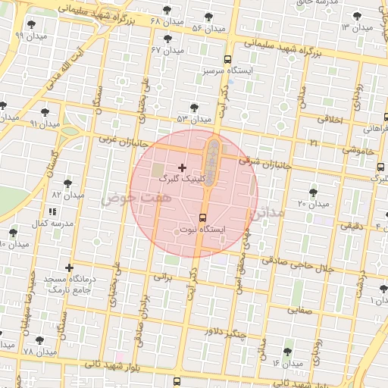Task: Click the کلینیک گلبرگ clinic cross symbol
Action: [x=182, y=167]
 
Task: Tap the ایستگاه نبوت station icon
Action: [x=201, y=217]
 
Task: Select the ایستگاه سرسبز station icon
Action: [x=228, y=59]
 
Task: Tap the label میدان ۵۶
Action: [x=208, y=28]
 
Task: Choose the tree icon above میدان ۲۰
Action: [x=314, y=192]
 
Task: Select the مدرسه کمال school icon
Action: [x=52, y=214]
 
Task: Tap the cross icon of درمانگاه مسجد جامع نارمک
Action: [x=70, y=268]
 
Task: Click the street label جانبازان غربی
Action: [x=117, y=139]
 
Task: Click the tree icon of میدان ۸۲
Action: [x=67, y=183]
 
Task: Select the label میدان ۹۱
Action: [x=43, y=123]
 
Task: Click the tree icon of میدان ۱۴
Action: [x=287, y=352]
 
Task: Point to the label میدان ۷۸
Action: [x=41, y=353]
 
